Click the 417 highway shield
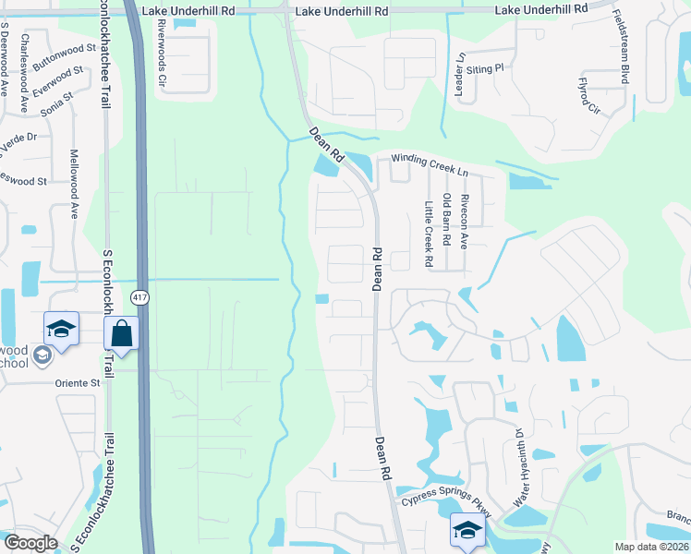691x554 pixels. (x=139, y=297)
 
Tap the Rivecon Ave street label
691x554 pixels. (x=465, y=221)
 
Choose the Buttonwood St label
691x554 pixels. (x=65, y=58)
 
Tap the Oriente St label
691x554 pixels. (x=78, y=382)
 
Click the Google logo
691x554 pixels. (x=31, y=543)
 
